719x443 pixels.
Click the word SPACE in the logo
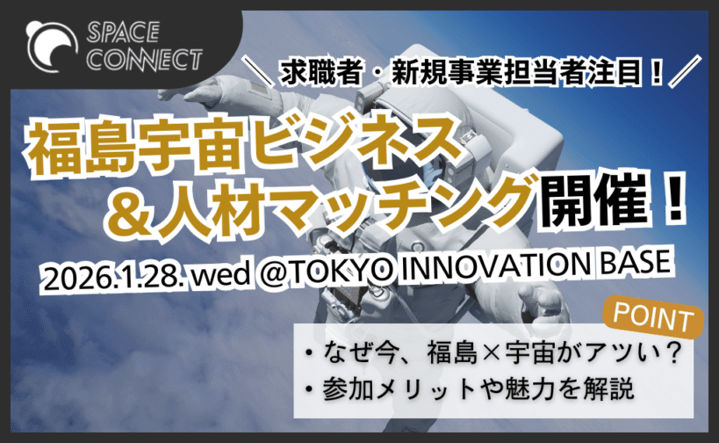pos(123,33)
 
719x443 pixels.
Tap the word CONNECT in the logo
pos(145,60)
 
